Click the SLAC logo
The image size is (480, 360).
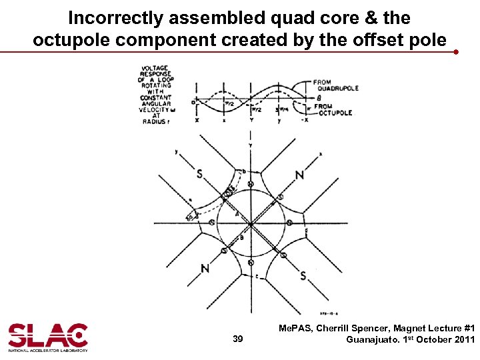(47, 337)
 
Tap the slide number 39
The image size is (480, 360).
(238, 339)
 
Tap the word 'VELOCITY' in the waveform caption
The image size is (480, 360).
(155, 110)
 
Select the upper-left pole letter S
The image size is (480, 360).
(199, 175)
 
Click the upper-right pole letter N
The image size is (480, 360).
(299, 175)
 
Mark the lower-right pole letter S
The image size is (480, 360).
(303, 275)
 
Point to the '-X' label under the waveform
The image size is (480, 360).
(306, 120)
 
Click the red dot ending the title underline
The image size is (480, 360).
(455, 51)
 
